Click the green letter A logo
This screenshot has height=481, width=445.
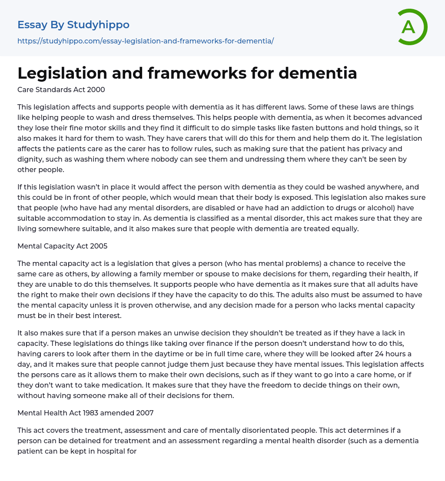pyautogui.click(x=412, y=27)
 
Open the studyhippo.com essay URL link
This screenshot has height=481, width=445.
pyautogui.click(x=146, y=41)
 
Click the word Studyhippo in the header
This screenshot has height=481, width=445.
pyautogui.click(x=98, y=25)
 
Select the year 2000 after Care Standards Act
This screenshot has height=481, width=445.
pyautogui.click(x=96, y=90)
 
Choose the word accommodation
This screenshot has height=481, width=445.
pyautogui.click(x=77, y=218)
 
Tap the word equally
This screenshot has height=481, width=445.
pyautogui.click(x=345, y=229)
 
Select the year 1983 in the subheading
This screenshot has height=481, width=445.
pyautogui.click(x=84, y=413)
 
